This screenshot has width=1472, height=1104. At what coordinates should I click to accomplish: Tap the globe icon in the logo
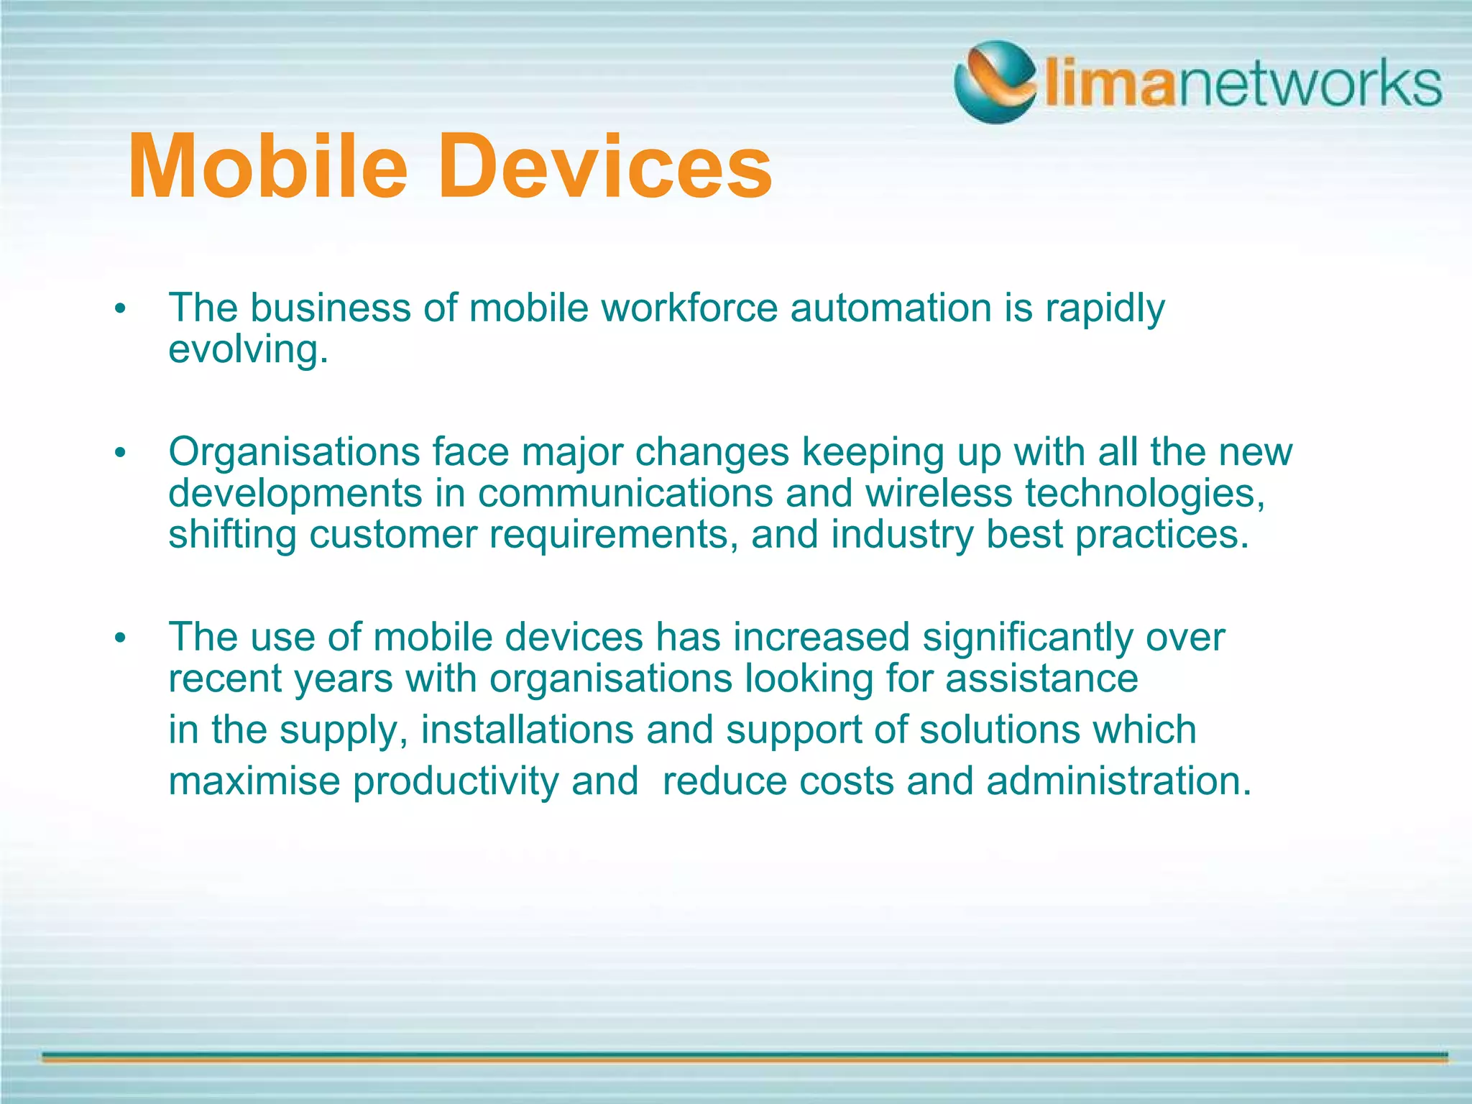(995, 81)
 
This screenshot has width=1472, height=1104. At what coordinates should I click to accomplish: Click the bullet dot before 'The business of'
(120, 310)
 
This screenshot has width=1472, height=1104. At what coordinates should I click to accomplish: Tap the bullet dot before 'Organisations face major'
(120, 454)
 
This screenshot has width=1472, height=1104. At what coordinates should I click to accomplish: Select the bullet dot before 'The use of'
(120, 638)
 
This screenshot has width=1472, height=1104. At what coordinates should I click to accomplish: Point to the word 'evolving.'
(248, 350)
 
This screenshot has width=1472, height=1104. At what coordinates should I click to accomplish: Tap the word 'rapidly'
(1104, 309)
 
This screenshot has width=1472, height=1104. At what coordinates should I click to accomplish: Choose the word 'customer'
(393, 535)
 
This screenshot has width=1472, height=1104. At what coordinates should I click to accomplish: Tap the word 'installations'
(527, 730)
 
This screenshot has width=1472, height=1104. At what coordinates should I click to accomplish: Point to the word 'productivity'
(455, 781)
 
